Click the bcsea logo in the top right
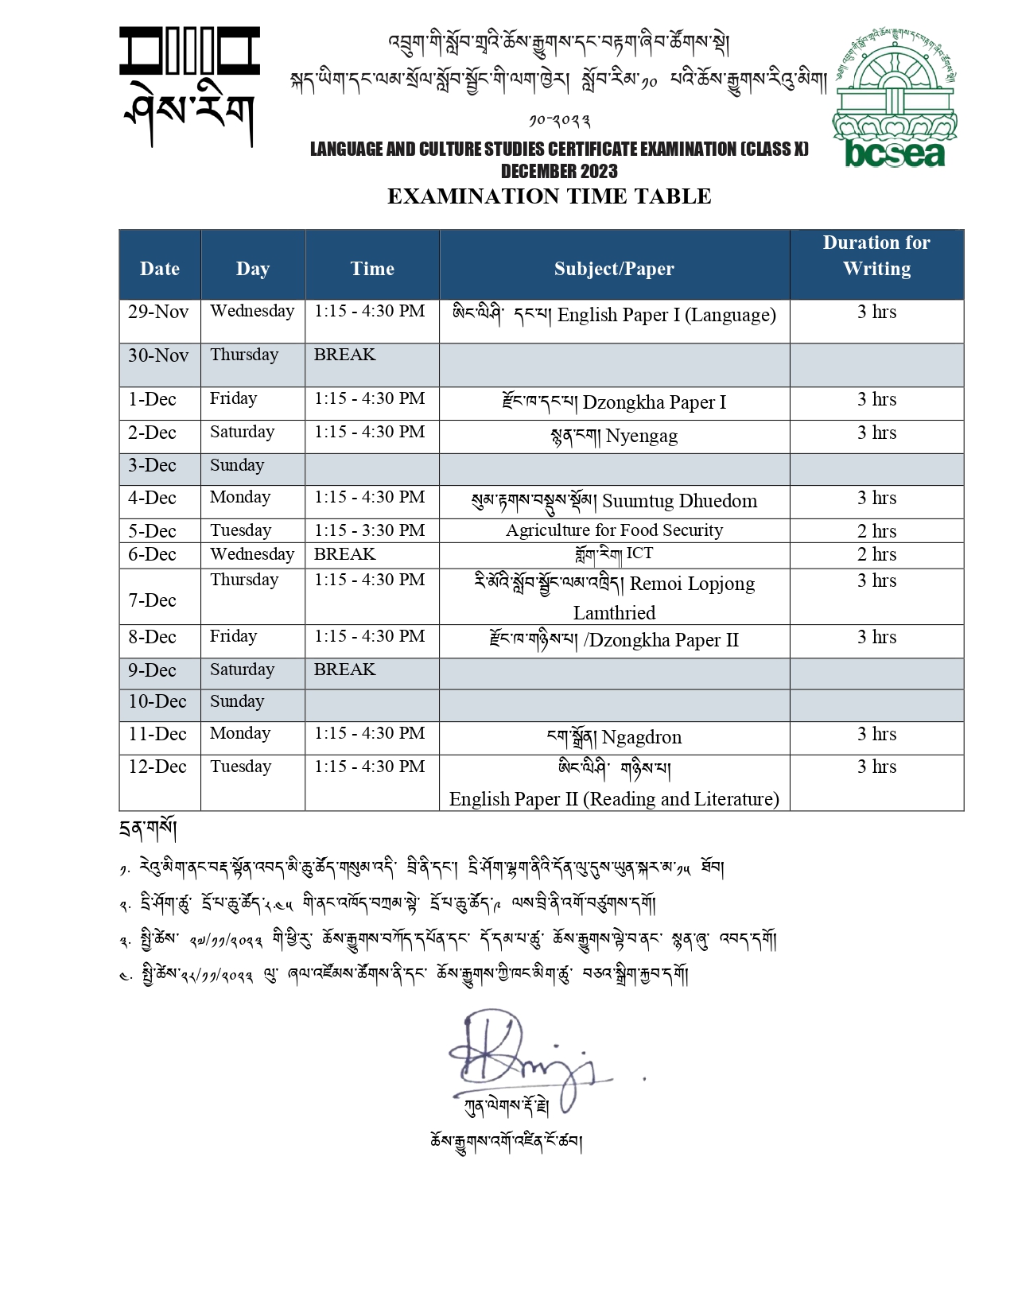[895, 99]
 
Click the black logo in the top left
[189, 86]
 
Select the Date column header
[160, 269]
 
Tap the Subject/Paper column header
[614, 269]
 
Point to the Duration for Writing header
[876, 255]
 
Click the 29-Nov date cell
[158, 312]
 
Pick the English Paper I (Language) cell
[614, 315]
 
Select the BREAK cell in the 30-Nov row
[344, 355]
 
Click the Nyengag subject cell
[614, 436]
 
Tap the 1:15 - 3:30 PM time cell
[370, 530]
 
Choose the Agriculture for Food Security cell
[614, 530]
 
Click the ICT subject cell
[614, 554]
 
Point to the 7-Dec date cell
[152, 600]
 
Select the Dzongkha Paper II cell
[614, 640]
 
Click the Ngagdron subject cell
[614, 737]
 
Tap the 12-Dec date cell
[157, 767]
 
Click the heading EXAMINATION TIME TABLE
[549, 196]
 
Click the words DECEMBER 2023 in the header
[559, 171]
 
